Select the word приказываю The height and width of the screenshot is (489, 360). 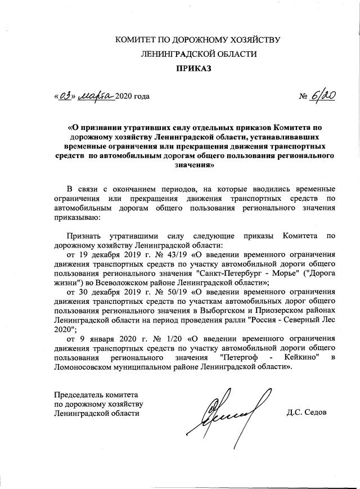pos(76,217)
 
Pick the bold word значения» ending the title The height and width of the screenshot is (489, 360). pos(180,167)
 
